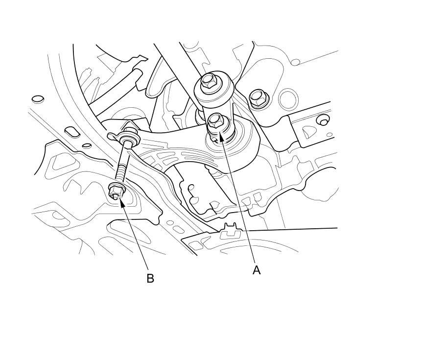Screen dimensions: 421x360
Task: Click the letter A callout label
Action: (x=257, y=269)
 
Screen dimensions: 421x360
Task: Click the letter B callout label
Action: (x=150, y=278)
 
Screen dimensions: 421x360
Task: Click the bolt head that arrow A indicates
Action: (x=216, y=120)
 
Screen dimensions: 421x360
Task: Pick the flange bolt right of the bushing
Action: (x=257, y=98)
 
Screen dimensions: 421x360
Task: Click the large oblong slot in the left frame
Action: (x=71, y=131)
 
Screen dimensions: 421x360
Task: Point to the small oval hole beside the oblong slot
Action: (x=87, y=145)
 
